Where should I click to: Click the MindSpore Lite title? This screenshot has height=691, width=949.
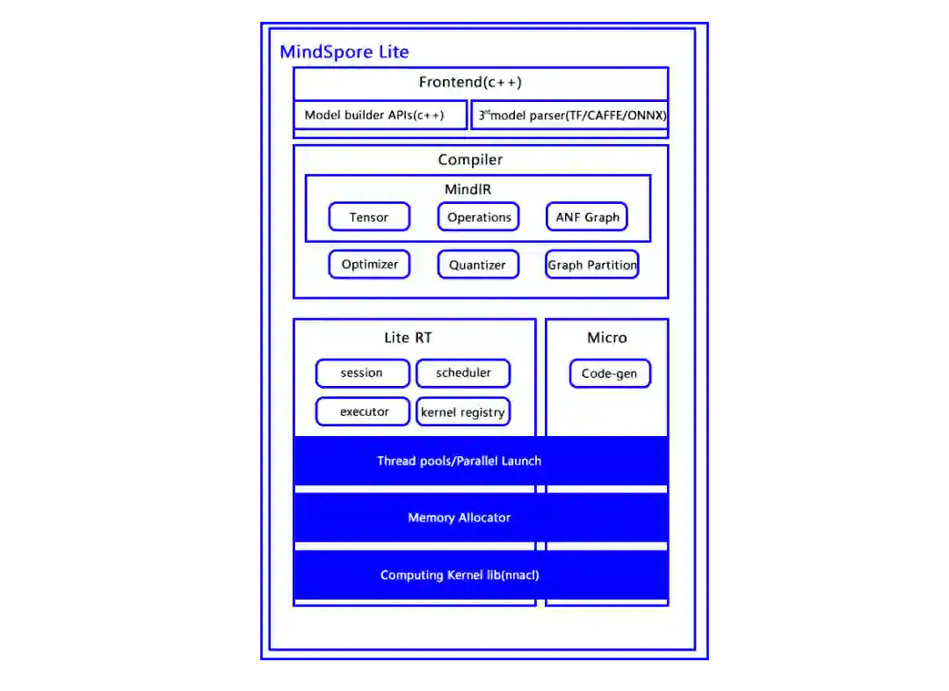(344, 52)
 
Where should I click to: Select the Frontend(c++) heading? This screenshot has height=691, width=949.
(470, 83)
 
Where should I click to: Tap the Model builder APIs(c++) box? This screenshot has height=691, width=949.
(380, 115)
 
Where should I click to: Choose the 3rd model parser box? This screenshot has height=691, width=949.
(570, 115)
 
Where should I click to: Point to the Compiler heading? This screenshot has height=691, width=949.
(470, 160)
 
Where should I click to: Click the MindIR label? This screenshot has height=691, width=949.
(467, 189)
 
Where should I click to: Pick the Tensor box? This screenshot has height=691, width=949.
(369, 217)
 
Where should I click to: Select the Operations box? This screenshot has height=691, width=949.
(479, 217)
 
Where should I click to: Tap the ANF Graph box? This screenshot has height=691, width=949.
(587, 217)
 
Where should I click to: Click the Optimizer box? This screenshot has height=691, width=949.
(369, 265)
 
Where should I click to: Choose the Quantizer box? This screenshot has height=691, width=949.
(478, 265)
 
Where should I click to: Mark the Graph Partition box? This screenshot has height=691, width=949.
(592, 265)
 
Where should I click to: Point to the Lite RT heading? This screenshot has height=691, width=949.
(408, 338)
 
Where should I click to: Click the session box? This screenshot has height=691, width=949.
(362, 373)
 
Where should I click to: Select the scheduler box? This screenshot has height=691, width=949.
(463, 373)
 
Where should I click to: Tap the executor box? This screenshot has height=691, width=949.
(364, 411)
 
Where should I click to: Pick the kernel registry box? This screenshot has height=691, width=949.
(463, 411)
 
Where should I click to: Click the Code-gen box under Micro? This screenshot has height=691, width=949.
(610, 374)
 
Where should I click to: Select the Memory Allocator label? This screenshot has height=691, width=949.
(459, 518)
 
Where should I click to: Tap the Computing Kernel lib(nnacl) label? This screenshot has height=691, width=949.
(460, 575)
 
